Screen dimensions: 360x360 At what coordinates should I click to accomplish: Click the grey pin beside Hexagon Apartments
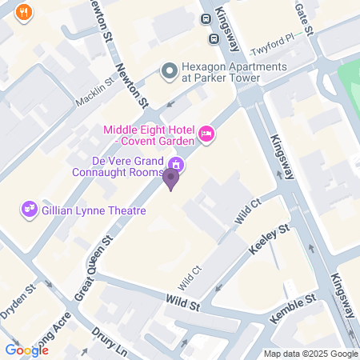[x=169, y=72]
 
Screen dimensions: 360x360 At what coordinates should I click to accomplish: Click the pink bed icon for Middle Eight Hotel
[x=206, y=134]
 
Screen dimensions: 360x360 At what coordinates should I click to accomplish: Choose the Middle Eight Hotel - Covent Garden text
[x=149, y=135]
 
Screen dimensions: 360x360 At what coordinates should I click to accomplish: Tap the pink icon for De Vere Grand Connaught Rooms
[x=178, y=166]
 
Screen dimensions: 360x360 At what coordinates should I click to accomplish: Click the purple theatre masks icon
[x=30, y=209]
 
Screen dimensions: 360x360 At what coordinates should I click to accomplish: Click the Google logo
[x=26, y=350]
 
